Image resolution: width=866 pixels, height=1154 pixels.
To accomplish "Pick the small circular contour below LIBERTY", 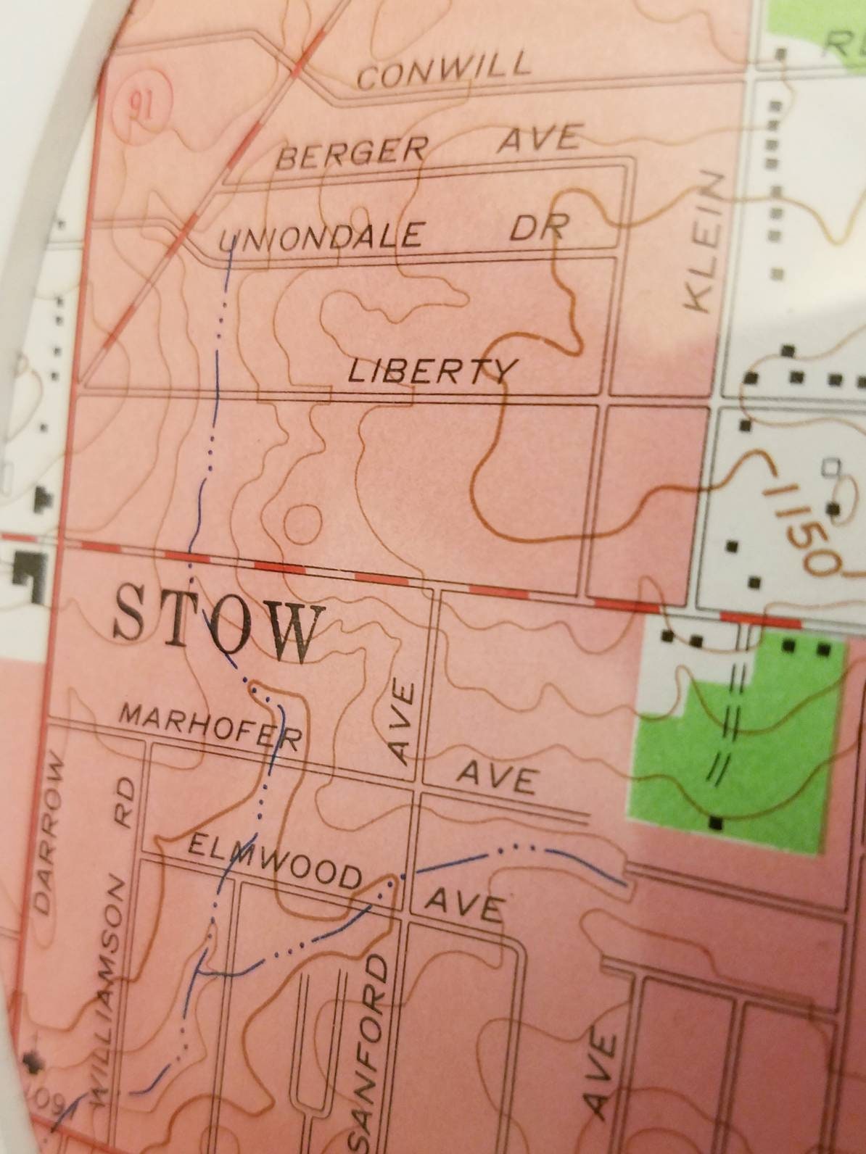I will tap(302, 521).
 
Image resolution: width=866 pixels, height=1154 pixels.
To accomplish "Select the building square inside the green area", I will tap(717, 823).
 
